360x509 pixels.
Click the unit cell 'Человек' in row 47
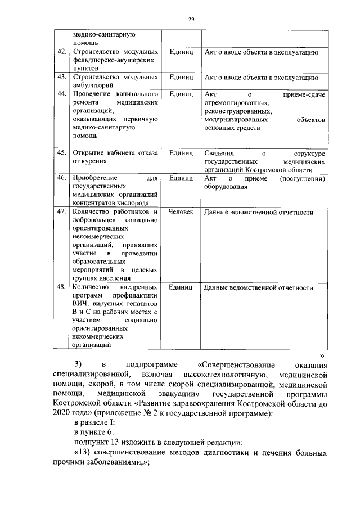(181, 212)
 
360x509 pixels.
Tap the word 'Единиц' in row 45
(181, 152)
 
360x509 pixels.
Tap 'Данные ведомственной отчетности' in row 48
(259, 287)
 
